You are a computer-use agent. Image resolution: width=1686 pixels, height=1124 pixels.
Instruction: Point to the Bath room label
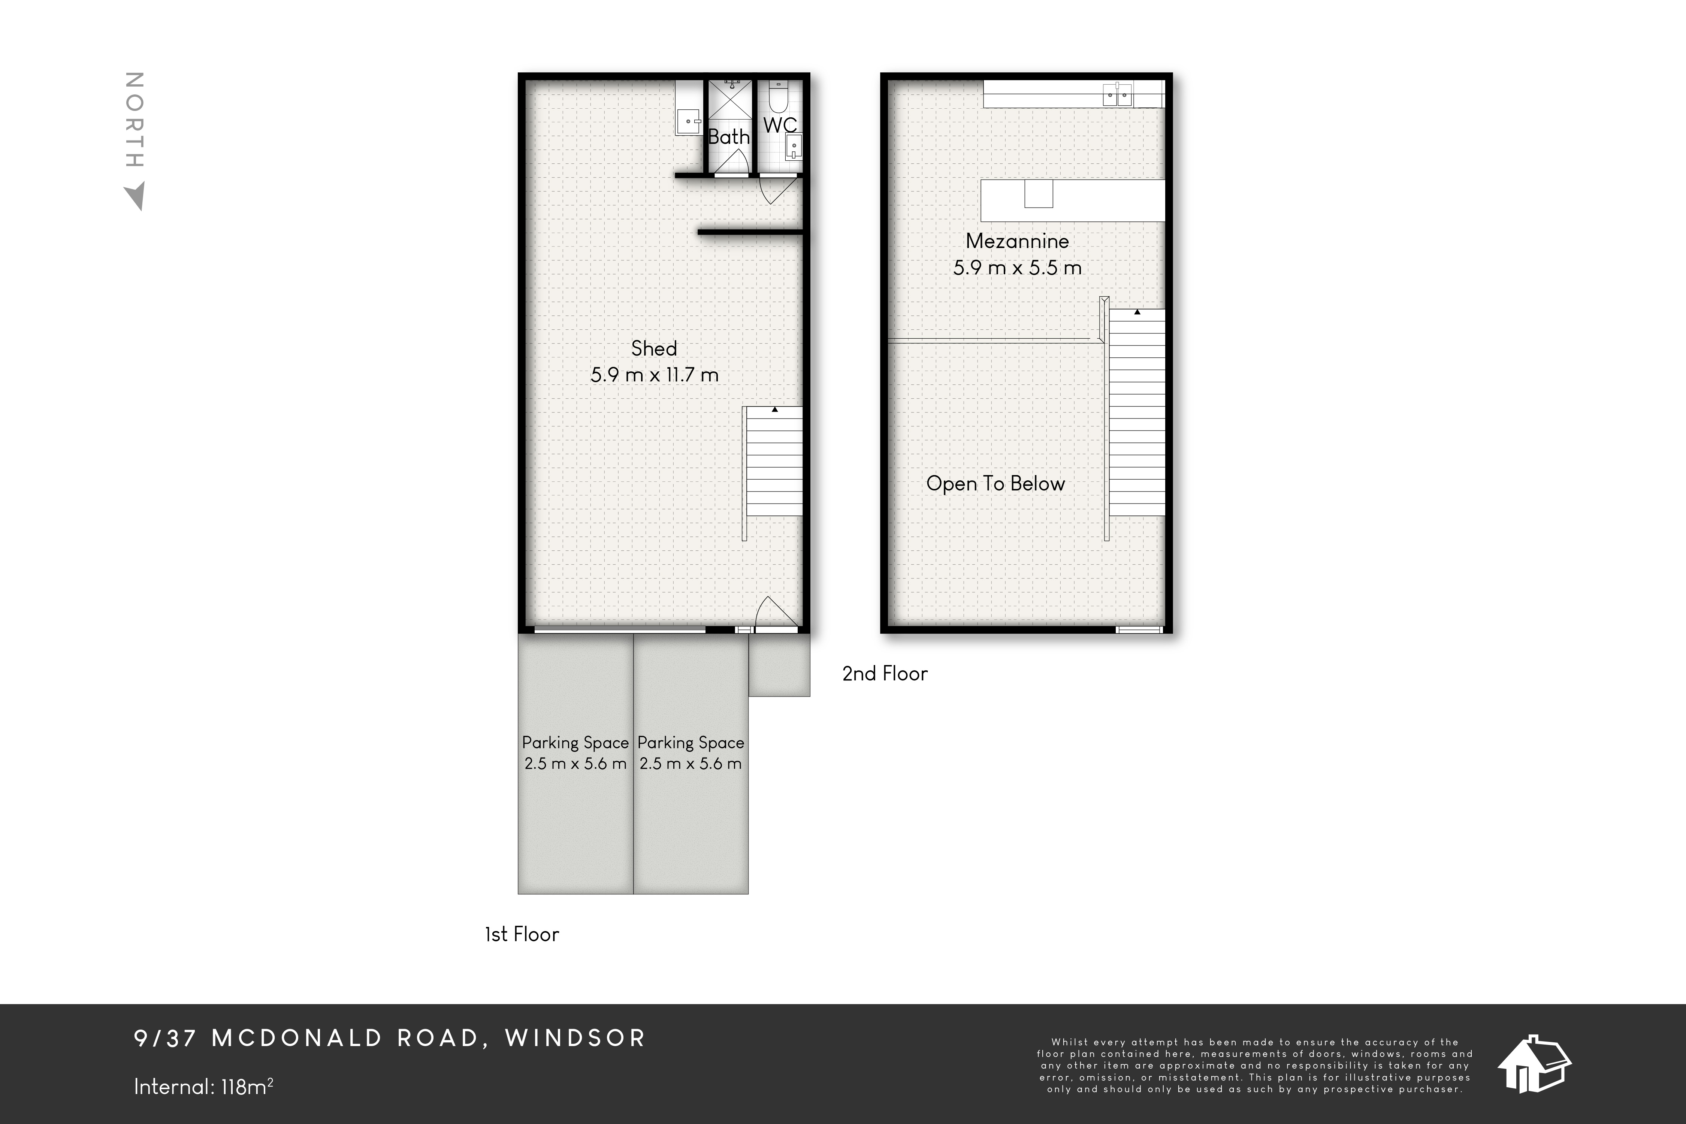tap(729, 136)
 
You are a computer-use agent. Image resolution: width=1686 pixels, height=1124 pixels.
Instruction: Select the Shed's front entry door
tap(778, 613)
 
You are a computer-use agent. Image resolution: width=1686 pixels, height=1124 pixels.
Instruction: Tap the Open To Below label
tap(996, 484)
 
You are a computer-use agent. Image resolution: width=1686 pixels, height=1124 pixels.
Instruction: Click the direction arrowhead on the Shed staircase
tap(775, 409)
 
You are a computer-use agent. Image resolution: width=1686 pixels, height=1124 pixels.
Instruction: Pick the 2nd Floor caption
tap(885, 674)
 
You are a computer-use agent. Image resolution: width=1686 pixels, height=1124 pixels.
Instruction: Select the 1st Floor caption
tap(522, 934)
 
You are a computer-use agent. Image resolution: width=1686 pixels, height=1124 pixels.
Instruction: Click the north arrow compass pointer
tap(135, 196)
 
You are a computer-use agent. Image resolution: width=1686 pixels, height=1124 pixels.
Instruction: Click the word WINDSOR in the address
tap(575, 1038)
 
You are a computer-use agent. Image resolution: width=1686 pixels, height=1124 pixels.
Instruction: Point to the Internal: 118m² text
tap(203, 1087)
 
